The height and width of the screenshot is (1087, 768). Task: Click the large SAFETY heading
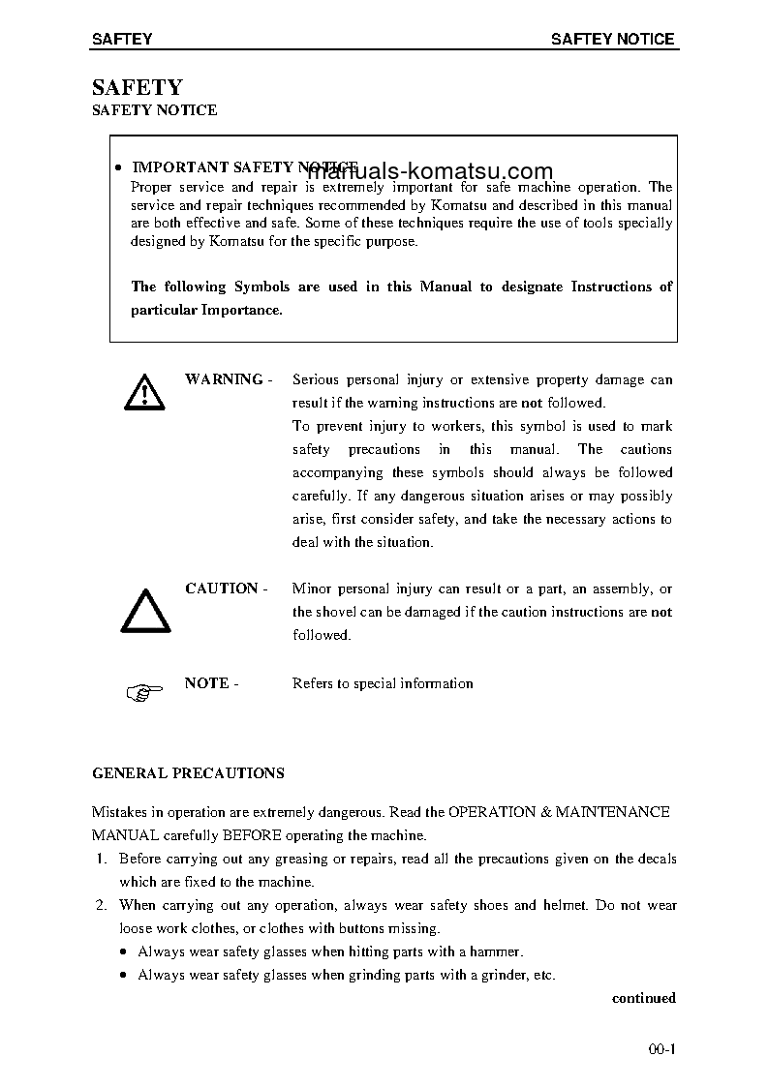tap(137, 88)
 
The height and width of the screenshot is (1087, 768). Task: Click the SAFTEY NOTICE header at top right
tap(612, 40)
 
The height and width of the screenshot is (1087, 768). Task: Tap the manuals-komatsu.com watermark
tap(430, 171)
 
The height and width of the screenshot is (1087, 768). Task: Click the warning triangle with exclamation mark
tap(143, 391)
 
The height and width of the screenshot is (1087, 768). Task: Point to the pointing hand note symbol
tap(141, 691)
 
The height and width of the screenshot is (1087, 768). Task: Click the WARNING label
tap(224, 379)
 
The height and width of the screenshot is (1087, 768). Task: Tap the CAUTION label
tap(222, 589)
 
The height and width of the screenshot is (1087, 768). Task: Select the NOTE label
tap(206, 683)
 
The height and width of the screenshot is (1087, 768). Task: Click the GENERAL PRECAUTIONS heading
tap(188, 773)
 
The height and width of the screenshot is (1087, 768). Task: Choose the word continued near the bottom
tap(643, 998)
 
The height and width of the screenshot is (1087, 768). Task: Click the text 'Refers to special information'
tap(383, 683)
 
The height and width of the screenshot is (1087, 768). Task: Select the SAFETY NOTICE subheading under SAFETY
tap(154, 110)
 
